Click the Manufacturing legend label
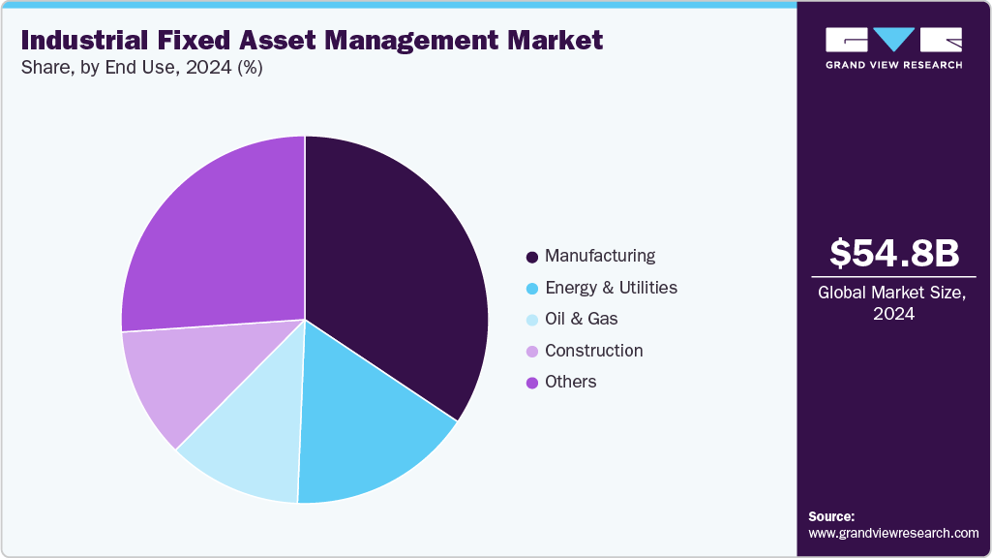click(600, 256)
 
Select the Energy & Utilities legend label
click(611, 288)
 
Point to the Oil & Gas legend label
click(581, 319)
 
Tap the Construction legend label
click(593, 351)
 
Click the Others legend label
click(570, 382)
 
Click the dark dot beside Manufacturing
click(531, 257)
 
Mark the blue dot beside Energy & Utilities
click(531, 289)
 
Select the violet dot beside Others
click(531, 383)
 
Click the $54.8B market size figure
click(894, 254)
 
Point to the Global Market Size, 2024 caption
click(893, 302)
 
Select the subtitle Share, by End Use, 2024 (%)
click(141, 68)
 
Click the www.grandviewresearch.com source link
click(893, 533)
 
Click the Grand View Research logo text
click(893, 65)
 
